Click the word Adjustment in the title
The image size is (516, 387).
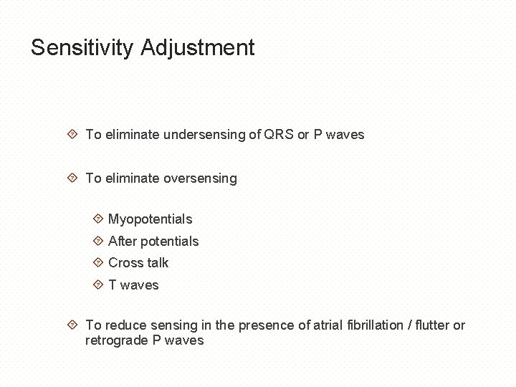pos(198,48)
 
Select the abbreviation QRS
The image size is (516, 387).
pos(279,135)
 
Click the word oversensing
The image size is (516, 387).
pos(200,178)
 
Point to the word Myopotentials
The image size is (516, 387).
pos(150,219)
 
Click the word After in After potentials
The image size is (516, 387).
pos(122,242)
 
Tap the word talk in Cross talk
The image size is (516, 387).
pos(158,263)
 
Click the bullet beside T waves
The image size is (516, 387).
pos(98,285)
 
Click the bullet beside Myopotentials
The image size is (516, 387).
pos(98,219)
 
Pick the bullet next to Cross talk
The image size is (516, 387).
pos(98,262)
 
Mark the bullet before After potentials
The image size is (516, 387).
pos(98,241)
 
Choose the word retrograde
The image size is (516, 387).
pos(116,340)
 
